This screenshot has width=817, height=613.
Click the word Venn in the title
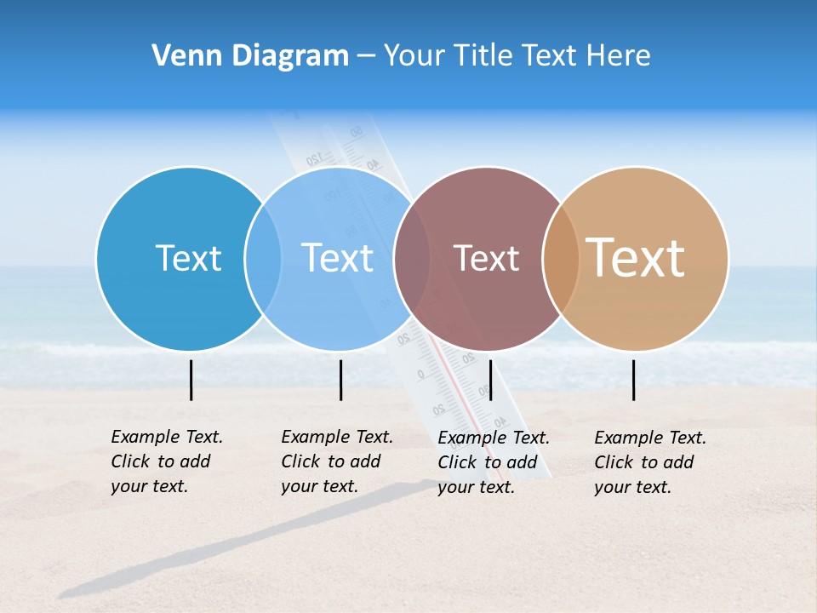[180, 56]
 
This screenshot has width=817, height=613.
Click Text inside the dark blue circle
[188, 258]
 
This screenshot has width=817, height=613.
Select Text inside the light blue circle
[337, 258]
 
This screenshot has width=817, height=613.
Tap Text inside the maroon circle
[486, 258]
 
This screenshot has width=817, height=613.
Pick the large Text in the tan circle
[636, 257]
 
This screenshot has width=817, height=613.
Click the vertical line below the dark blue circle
[191, 380]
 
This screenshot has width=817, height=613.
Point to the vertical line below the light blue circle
[340, 380]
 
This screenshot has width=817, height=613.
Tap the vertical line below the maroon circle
[490, 380]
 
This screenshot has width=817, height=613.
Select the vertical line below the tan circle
[634, 380]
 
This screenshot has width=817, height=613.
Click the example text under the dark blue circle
[166, 461]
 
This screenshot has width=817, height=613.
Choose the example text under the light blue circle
[336, 461]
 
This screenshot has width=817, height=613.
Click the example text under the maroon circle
[493, 462]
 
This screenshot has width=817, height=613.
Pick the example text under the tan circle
[649, 462]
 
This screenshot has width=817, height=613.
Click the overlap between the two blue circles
[263, 258]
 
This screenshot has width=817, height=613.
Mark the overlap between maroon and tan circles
[561, 258]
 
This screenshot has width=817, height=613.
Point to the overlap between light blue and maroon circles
[412, 258]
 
